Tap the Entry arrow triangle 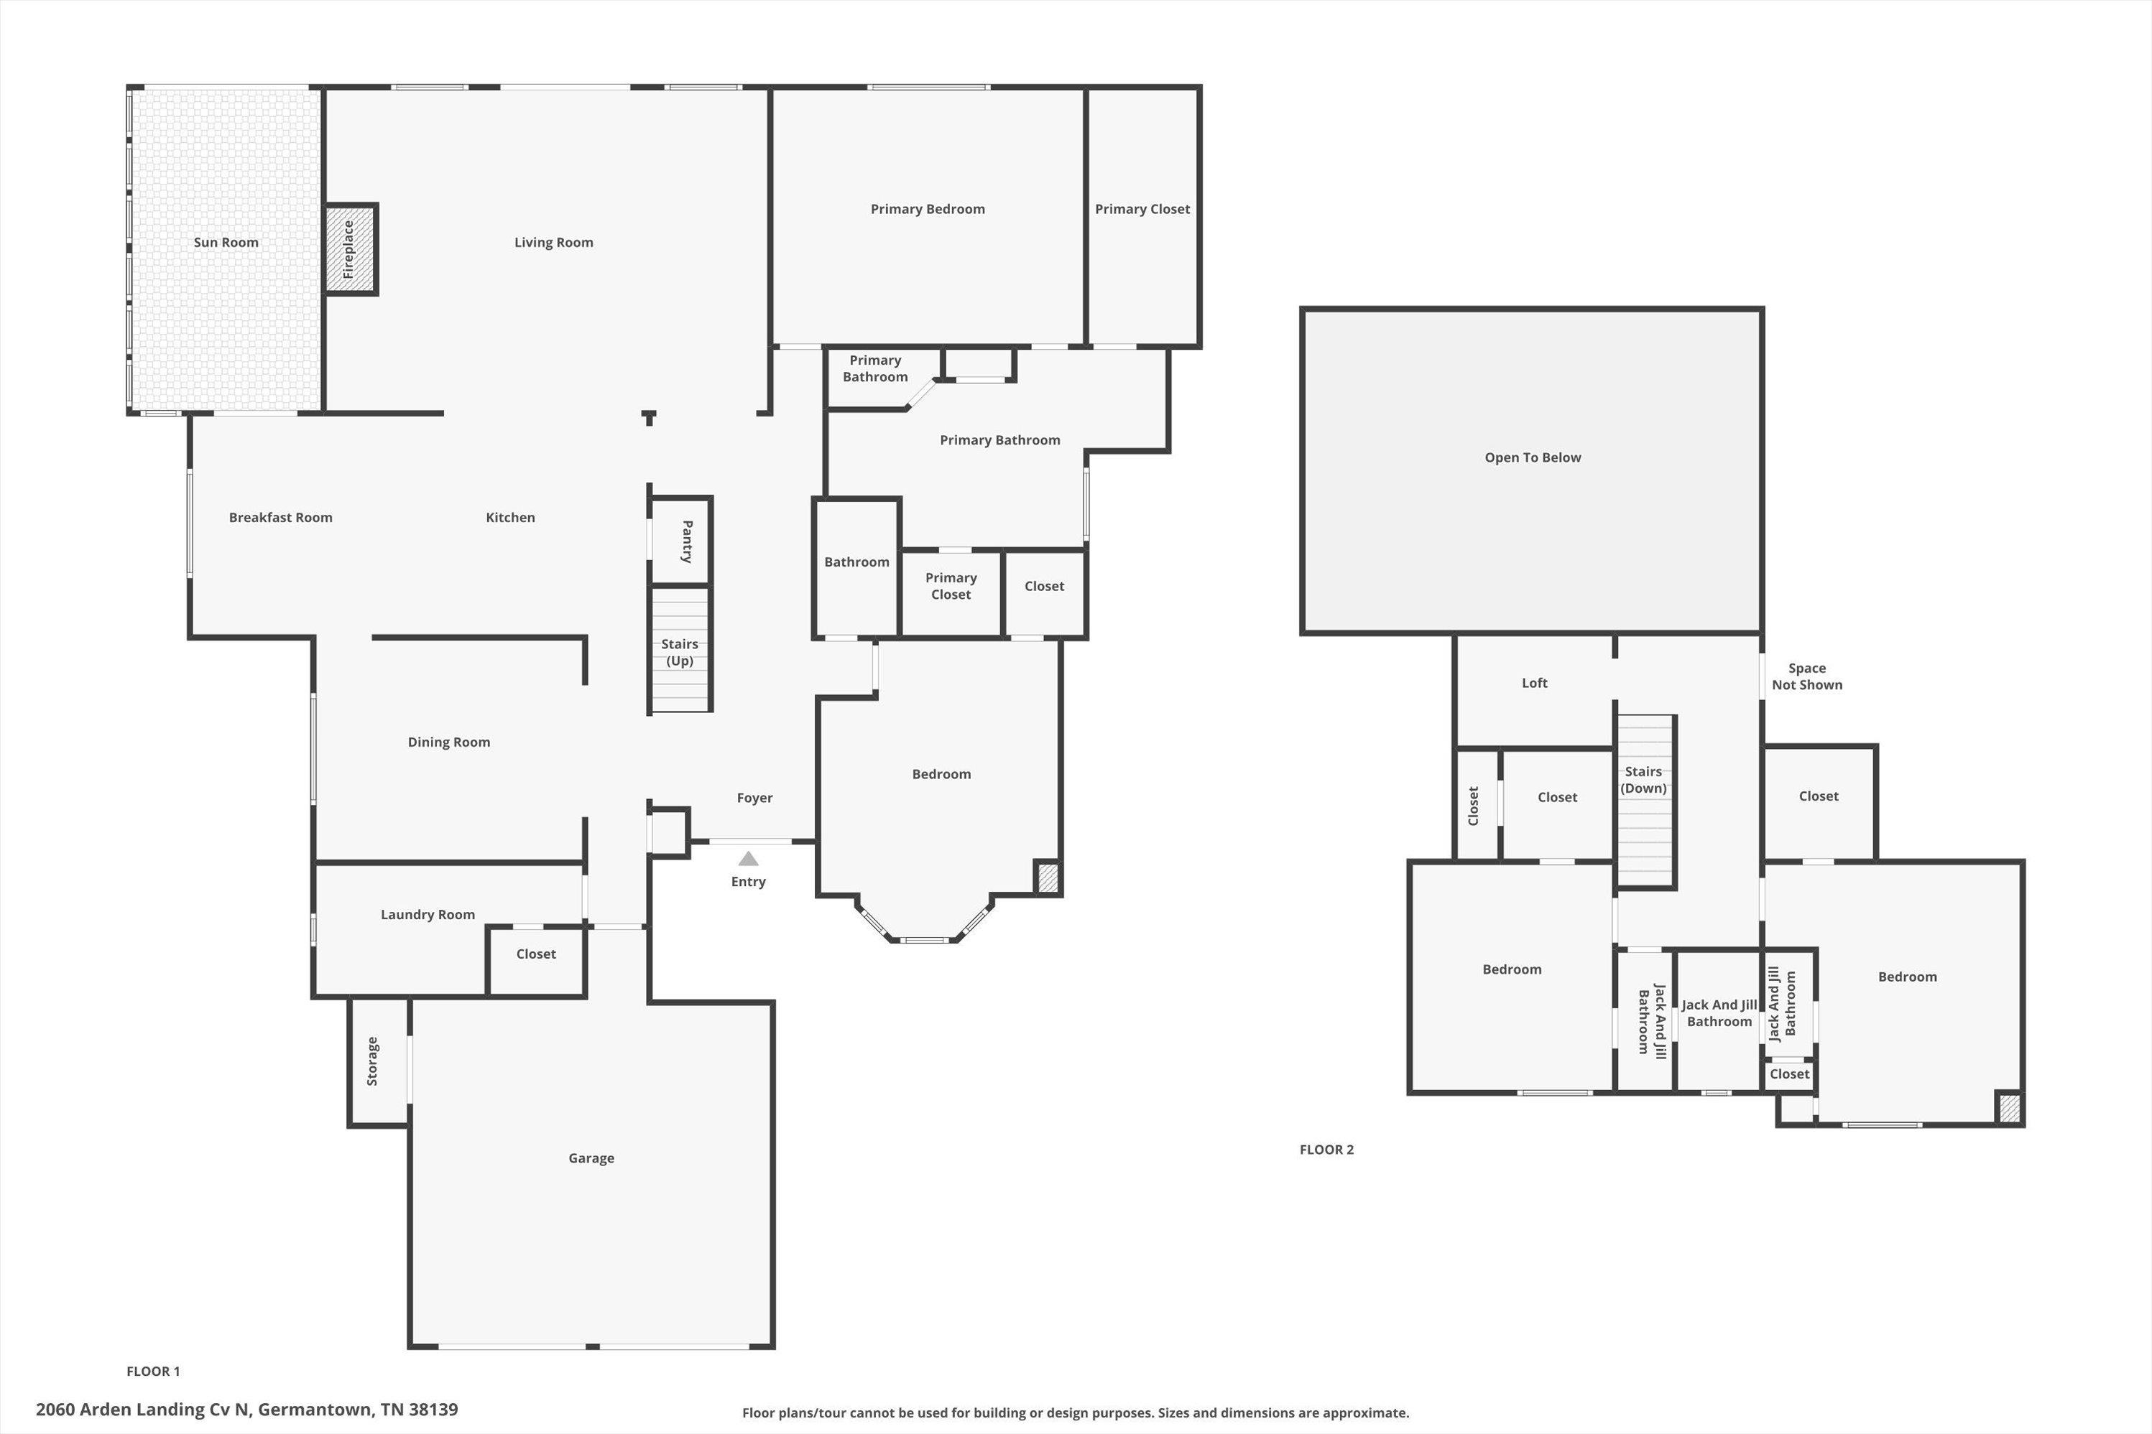pos(749,858)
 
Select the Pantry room pos(680,541)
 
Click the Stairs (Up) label pos(680,652)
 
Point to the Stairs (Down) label pos(1643,780)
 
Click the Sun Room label pos(226,243)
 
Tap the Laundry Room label pos(428,915)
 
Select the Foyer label pos(755,799)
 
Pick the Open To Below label pos(1533,457)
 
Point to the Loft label pos(1534,683)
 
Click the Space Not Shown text pos(1807,676)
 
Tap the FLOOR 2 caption pos(1326,1150)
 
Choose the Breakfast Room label pos(281,518)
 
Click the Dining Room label pos(449,742)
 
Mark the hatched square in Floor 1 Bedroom pos(1048,878)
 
